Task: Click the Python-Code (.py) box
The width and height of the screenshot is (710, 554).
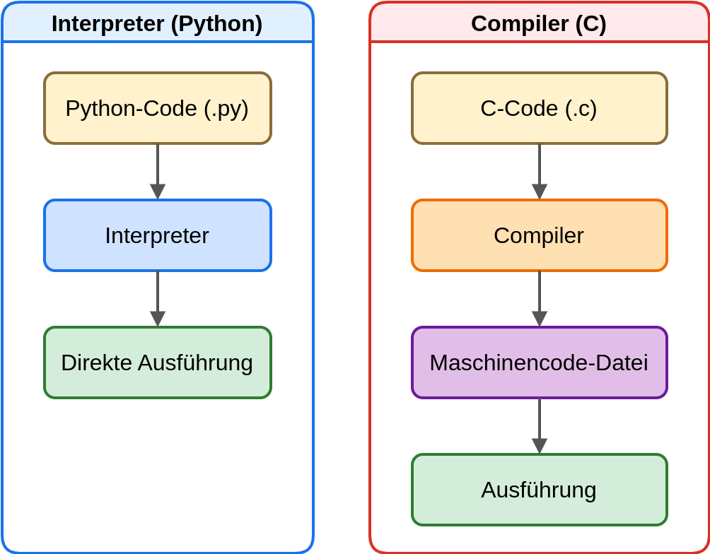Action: [157, 108]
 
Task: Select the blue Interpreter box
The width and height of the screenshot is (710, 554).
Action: [157, 235]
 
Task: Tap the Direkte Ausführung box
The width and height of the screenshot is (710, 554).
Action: [157, 363]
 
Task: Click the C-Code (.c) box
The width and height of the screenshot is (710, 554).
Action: [539, 108]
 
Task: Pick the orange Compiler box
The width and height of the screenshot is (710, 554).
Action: [539, 235]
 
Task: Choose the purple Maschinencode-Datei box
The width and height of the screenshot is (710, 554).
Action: [539, 363]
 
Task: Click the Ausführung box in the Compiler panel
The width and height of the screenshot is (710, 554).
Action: [539, 490]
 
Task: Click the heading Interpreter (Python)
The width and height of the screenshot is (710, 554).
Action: [157, 23]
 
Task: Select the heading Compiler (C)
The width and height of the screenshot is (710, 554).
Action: [539, 23]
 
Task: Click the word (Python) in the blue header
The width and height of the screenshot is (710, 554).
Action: [216, 23]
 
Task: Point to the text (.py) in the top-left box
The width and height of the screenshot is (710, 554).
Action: [226, 108]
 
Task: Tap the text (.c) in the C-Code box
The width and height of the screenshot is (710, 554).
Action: [581, 108]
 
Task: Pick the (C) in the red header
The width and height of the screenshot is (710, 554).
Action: [591, 23]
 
